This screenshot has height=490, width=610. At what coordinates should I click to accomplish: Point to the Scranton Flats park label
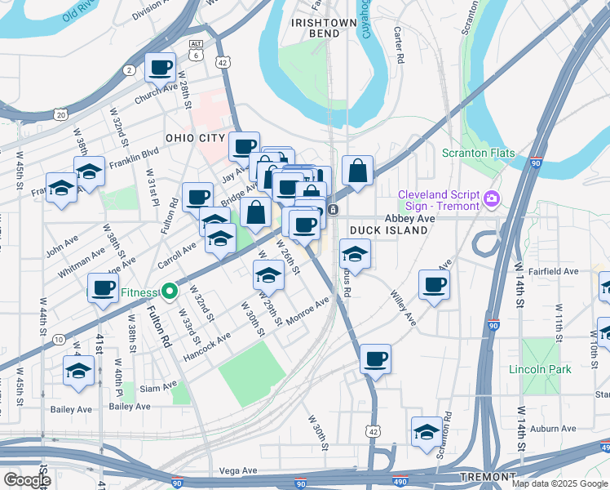point(476,153)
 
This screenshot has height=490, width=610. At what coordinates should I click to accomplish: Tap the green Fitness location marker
point(169,292)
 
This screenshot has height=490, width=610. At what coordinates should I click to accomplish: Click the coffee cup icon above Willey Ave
point(434,285)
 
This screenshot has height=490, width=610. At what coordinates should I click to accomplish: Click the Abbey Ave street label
point(409,219)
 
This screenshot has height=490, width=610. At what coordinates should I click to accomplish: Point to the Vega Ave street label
point(238,471)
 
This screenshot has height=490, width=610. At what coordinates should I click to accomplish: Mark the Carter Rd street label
point(399,46)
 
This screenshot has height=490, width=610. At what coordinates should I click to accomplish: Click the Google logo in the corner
point(26,479)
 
